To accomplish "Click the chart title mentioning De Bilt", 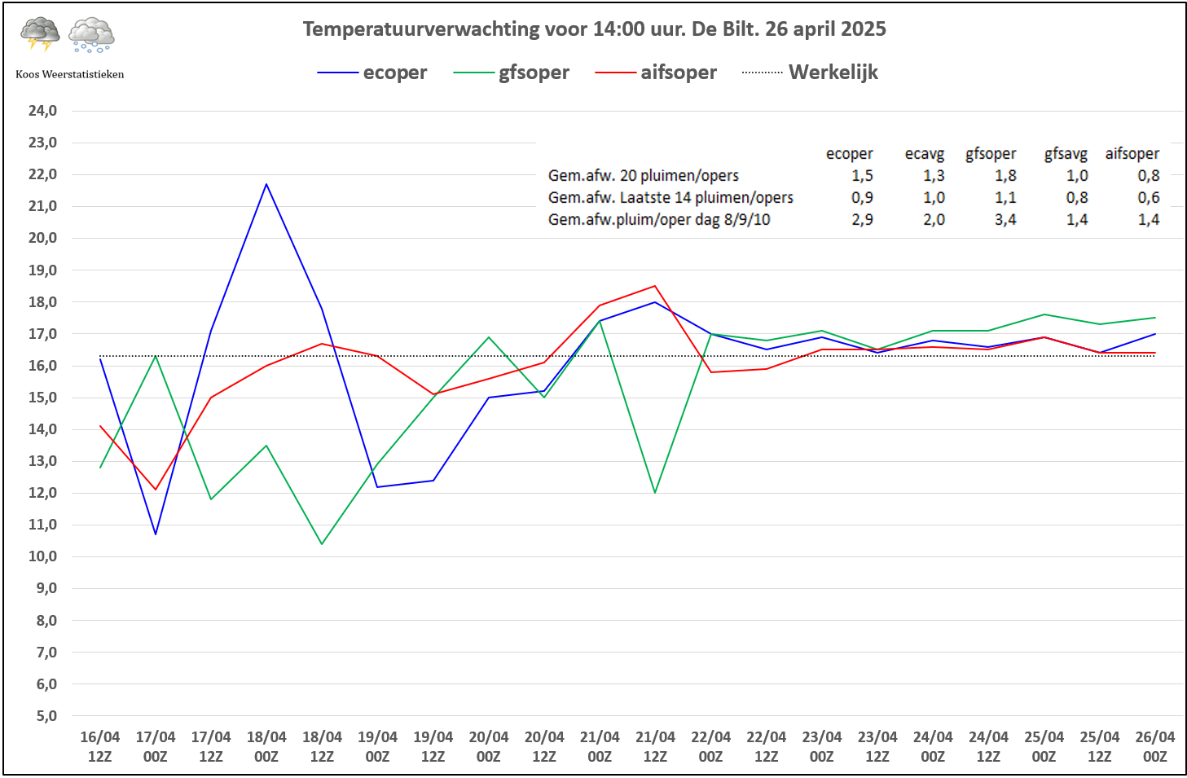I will pyautogui.click(x=594, y=29).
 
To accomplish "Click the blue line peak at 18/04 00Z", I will pyautogui.click(x=266, y=184).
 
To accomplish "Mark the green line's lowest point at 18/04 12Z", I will pyautogui.click(x=322, y=543).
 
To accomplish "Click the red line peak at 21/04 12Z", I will pyautogui.click(x=655, y=286).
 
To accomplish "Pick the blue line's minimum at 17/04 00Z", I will pyautogui.click(x=156, y=534).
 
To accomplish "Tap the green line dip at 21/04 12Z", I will pyautogui.click(x=655, y=492).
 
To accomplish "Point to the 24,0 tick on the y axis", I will pyautogui.click(x=42, y=111).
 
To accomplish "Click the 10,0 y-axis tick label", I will pyautogui.click(x=42, y=556).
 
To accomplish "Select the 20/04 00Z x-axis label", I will pyautogui.click(x=488, y=746).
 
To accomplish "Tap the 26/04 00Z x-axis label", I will pyautogui.click(x=1154, y=746).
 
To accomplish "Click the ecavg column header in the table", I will pyautogui.click(x=924, y=154).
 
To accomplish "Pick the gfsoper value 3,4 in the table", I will pyautogui.click(x=1005, y=219).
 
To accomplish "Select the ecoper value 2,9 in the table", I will pyautogui.click(x=862, y=219).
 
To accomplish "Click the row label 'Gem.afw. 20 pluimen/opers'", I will pyautogui.click(x=643, y=175).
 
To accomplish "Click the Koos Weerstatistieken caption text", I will pyautogui.click(x=70, y=74).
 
